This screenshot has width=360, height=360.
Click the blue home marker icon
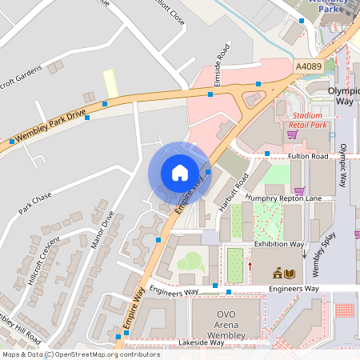click(x=180, y=173)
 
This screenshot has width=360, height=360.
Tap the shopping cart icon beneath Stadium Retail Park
click(x=292, y=134)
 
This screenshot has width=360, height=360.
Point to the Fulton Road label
click(x=309, y=156)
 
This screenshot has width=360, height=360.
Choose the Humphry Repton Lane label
click(x=283, y=198)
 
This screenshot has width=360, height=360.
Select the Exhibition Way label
click(x=278, y=243)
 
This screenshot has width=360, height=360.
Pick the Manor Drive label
click(x=102, y=230)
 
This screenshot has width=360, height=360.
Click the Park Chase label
click(x=34, y=203)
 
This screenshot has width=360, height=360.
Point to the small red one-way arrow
click(x=250, y=266)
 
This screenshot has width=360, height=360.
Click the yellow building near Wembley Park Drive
click(x=110, y=81)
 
